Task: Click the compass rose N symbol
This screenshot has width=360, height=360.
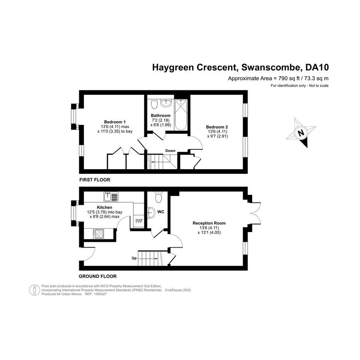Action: (x=301, y=133)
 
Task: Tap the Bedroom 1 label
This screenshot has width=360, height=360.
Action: (x=115, y=122)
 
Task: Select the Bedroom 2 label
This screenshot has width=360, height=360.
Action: (x=217, y=127)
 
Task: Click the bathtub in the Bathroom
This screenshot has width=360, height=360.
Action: (x=181, y=114)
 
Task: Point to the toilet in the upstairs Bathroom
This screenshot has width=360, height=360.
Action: (x=154, y=104)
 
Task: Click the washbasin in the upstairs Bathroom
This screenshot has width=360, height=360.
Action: (x=166, y=103)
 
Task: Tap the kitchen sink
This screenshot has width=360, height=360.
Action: (x=111, y=197)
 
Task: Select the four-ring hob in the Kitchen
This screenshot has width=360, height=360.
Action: (x=98, y=234)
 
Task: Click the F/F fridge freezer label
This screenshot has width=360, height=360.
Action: (x=139, y=221)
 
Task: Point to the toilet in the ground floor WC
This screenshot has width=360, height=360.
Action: (x=158, y=197)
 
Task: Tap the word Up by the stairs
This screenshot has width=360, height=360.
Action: (x=134, y=258)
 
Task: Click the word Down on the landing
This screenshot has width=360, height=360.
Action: (x=170, y=150)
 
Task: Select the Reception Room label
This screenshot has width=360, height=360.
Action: (x=209, y=223)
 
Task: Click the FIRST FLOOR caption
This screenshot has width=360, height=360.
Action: (x=95, y=180)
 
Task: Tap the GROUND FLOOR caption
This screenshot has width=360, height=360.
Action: (x=98, y=277)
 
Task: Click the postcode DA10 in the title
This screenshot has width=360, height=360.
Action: (x=317, y=67)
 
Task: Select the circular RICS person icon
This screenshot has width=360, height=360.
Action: (x=35, y=290)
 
